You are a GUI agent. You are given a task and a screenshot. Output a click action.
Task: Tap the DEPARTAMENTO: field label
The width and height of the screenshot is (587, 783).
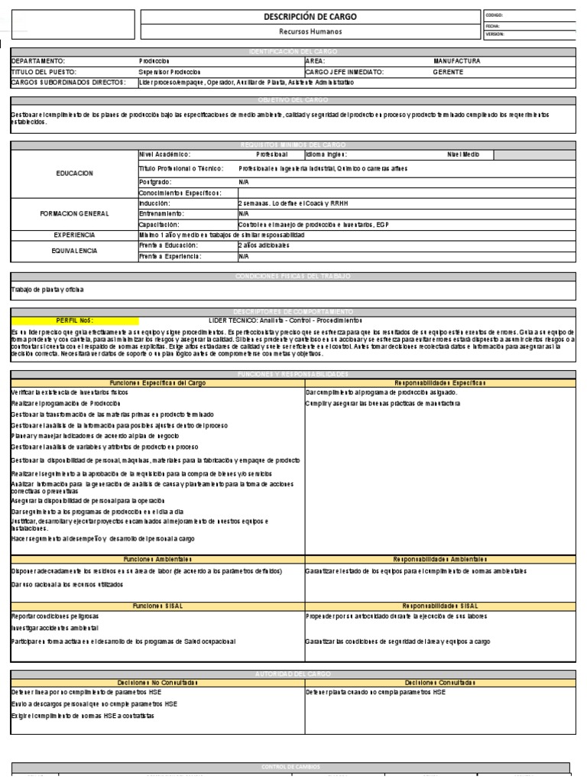tap(38, 60)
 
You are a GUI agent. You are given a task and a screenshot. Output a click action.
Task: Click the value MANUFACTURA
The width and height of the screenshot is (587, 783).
tap(457, 60)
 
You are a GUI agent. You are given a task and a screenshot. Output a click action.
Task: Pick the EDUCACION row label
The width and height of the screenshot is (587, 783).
tap(74, 174)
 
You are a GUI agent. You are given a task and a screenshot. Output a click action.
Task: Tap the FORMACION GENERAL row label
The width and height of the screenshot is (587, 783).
tap(74, 213)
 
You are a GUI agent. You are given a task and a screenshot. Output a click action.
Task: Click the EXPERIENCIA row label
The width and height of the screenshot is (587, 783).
tap(74, 235)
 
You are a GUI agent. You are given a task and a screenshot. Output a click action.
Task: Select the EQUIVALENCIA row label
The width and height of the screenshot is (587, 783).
tap(74, 250)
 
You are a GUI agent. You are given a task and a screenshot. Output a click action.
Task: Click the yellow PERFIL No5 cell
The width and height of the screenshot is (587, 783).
tap(75, 320)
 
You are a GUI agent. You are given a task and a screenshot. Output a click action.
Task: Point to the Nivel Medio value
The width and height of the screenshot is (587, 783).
tap(463, 154)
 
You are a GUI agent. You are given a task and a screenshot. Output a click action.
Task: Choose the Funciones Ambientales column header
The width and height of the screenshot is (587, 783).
tap(157, 559)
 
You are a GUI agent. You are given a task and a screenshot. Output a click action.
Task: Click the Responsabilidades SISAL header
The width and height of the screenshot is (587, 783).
tap(438, 604)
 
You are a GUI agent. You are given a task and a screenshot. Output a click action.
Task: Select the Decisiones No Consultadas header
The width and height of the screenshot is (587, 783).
tap(157, 681)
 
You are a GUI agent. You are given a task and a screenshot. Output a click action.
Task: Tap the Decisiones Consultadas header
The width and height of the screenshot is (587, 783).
tap(438, 681)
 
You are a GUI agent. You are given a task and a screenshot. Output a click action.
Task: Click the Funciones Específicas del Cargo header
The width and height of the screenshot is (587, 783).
tap(157, 382)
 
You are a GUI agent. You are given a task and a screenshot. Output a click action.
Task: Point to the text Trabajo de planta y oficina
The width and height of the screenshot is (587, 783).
tap(48, 289)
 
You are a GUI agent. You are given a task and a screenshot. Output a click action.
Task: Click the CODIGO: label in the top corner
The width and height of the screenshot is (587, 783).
tap(495, 15)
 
